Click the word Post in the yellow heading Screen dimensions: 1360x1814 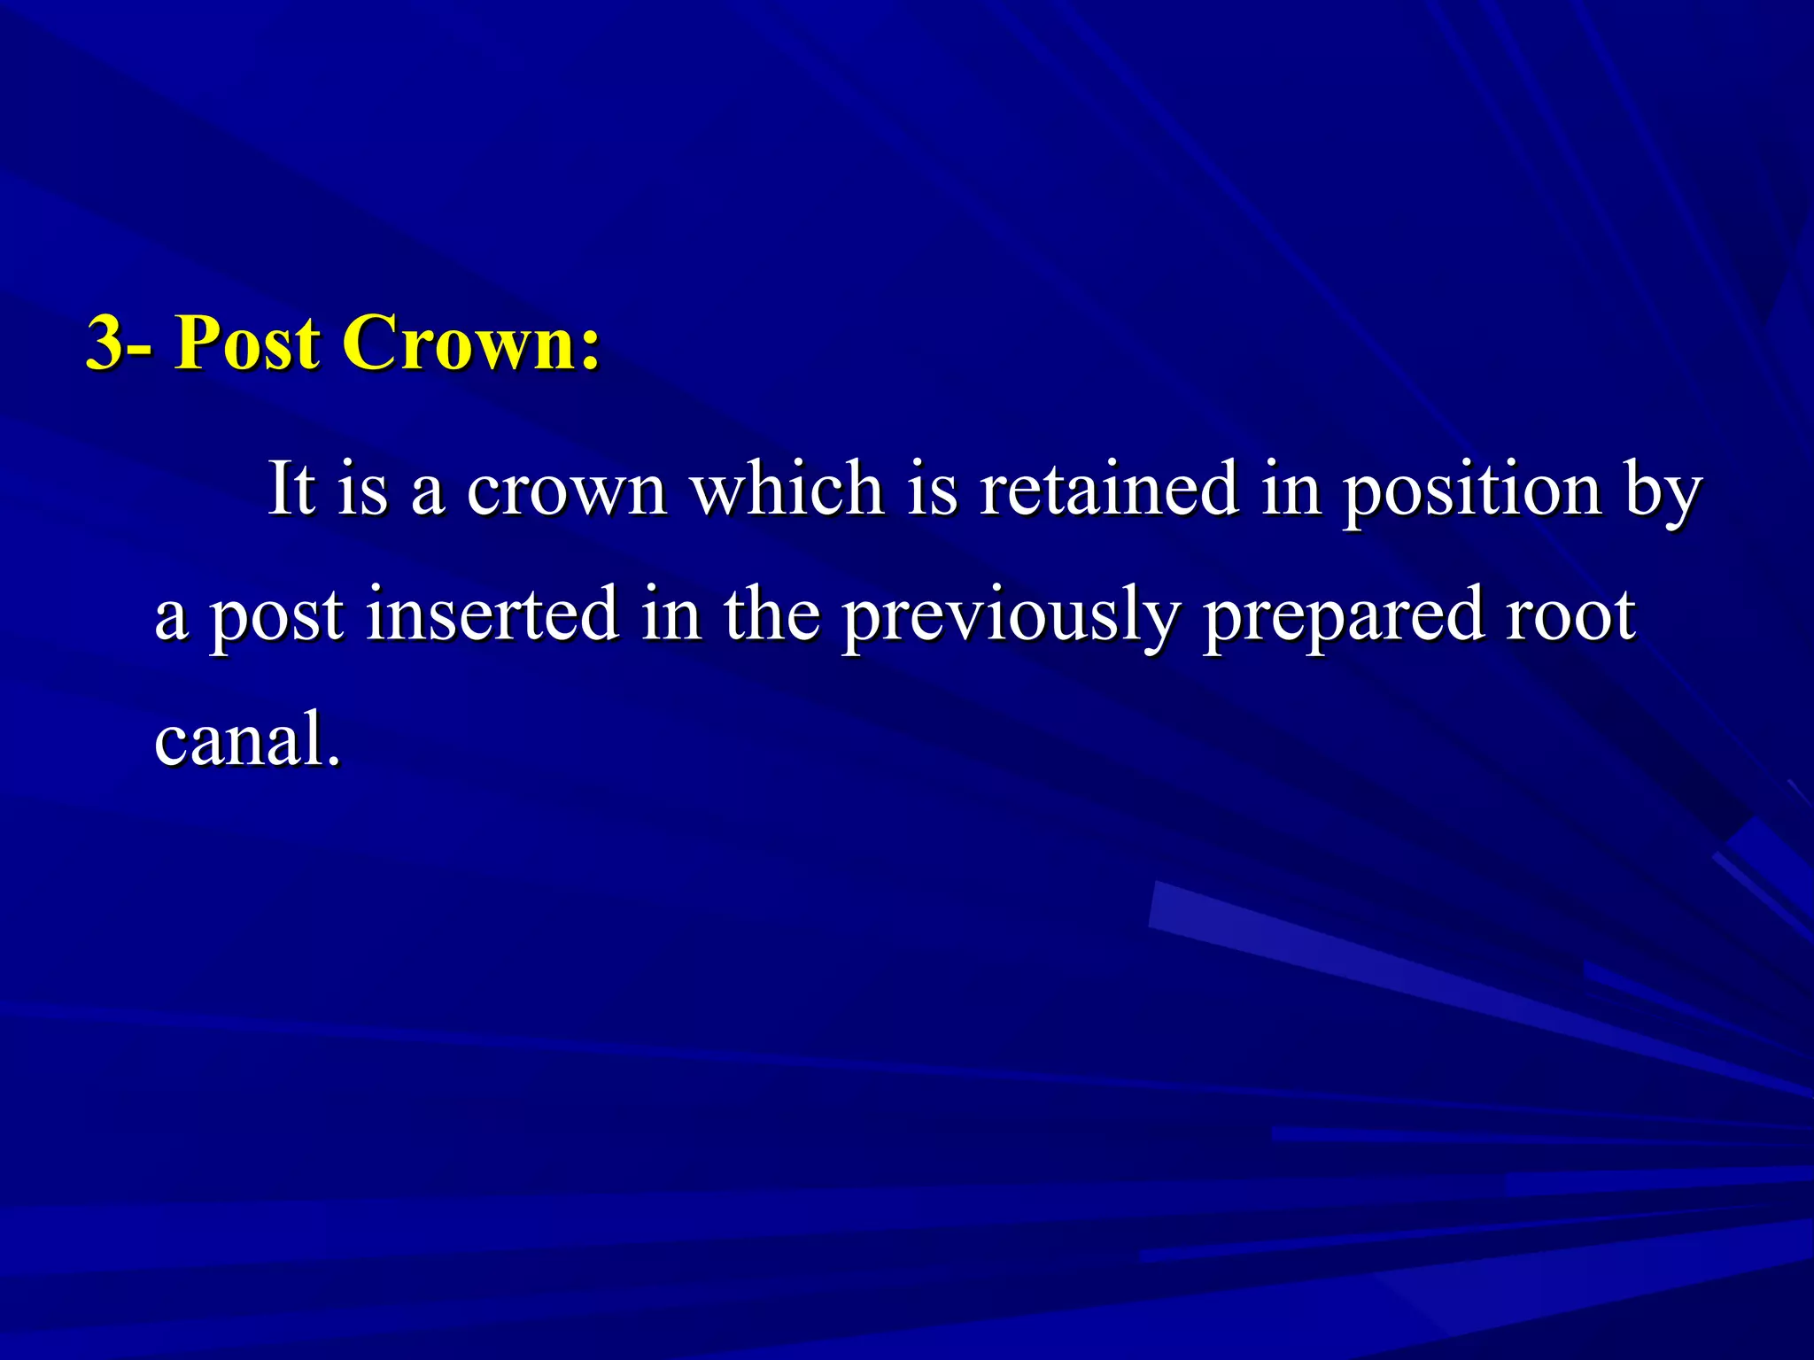tap(246, 344)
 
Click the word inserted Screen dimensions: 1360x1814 tap(492, 614)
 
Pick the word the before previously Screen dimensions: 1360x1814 tap(771, 614)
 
